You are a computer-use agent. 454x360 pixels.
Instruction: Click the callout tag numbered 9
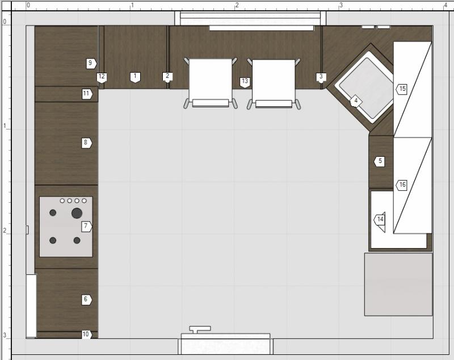pyautogui.click(x=91, y=64)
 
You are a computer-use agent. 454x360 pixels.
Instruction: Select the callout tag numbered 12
pyautogui.click(x=102, y=77)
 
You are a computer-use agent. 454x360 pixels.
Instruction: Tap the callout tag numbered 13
pyautogui.click(x=245, y=82)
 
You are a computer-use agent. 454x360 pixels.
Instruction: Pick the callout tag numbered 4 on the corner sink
pyautogui.click(x=356, y=101)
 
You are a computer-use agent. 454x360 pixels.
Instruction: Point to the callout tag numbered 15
pyautogui.click(x=402, y=89)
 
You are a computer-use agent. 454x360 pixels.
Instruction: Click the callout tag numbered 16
pyautogui.click(x=402, y=185)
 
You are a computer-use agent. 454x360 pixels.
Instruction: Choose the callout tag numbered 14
pyautogui.click(x=379, y=220)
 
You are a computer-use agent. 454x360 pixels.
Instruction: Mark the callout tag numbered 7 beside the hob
pyautogui.click(x=87, y=226)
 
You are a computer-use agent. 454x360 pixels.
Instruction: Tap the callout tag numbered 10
pyautogui.click(x=87, y=334)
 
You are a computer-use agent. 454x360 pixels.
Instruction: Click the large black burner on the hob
pyautogui.click(x=77, y=213)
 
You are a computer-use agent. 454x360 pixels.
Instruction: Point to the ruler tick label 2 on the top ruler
pyautogui.click(x=237, y=5)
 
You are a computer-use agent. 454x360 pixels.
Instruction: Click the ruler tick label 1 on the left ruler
pyautogui.click(x=5, y=126)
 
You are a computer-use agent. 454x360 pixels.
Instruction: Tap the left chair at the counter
pyautogui.click(x=211, y=83)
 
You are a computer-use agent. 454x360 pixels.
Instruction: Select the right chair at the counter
pyautogui.click(x=274, y=84)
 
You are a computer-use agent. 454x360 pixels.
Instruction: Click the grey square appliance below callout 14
pyautogui.click(x=398, y=284)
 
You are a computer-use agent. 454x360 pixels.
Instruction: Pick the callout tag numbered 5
pyautogui.click(x=379, y=161)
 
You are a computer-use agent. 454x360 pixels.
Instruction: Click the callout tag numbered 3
pyautogui.click(x=321, y=78)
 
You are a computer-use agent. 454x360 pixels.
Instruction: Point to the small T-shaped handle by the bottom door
pyautogui.click(x=200, y=329)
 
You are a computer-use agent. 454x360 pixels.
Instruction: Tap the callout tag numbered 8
pyautogui.click(x=87, y=143)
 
